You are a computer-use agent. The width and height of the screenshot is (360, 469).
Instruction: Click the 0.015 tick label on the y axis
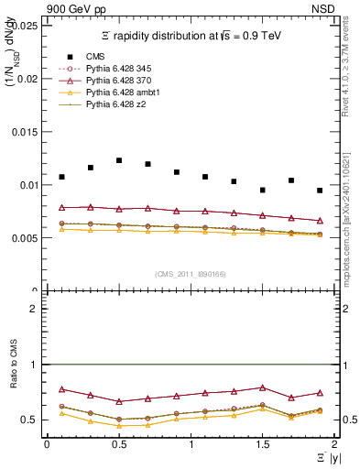pyautogui.click(x=27, y=132)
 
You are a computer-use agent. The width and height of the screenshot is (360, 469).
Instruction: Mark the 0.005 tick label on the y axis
pyautogui.click(x=27, y=238)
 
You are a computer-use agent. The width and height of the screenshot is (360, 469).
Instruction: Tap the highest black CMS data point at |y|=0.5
pyautogui.click(x=119, y=160)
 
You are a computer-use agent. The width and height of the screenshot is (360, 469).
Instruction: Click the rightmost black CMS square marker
pyautogui.click(x=320, y=191)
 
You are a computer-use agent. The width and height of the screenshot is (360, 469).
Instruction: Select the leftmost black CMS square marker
pyautogui.click(x=61, y=177)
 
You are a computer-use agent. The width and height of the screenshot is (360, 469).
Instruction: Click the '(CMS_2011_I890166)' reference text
pyautogui.click(x=190, y=274)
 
